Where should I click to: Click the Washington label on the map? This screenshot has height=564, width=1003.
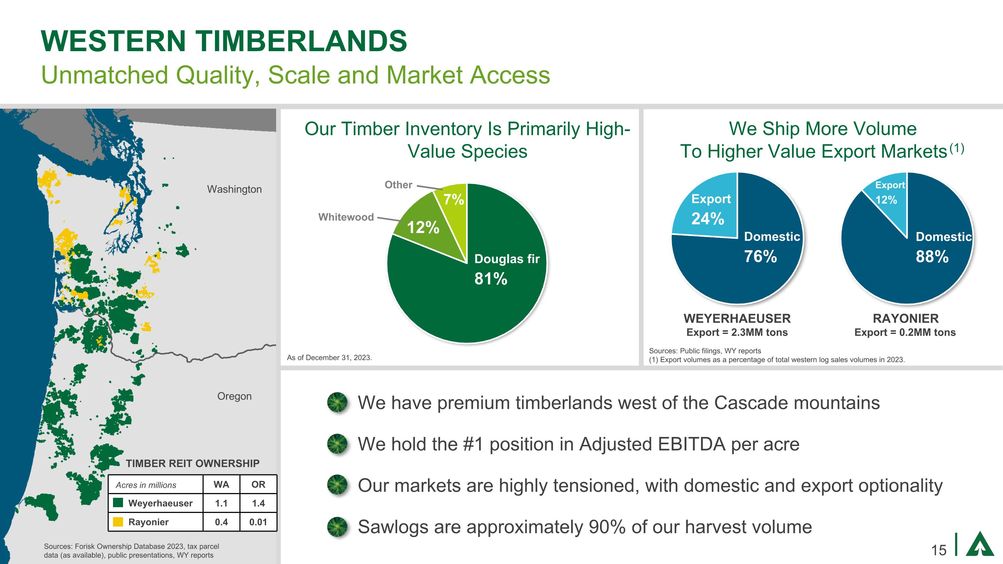tap(234, 190)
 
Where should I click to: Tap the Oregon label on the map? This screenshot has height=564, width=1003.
tap(234, 396)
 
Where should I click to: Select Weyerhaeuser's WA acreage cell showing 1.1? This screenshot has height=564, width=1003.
tap(221, 503)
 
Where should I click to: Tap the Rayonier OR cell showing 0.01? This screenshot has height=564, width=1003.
tap(258, 522)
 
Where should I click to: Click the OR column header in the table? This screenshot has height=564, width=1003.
tap(258, 484)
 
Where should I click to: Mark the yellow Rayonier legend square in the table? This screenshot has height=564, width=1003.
tap(118, 522)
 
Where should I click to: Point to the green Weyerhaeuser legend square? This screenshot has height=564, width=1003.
tap(118, 503)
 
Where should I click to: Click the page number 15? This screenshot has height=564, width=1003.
tap(938, 550)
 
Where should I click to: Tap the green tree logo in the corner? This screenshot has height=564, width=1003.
tap(979, 543)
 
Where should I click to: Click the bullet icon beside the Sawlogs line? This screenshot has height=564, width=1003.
tap(337, 527)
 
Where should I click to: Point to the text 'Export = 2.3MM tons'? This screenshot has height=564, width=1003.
tap(737, 332)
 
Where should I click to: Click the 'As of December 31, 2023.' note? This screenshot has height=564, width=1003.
tap(329, 358)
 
